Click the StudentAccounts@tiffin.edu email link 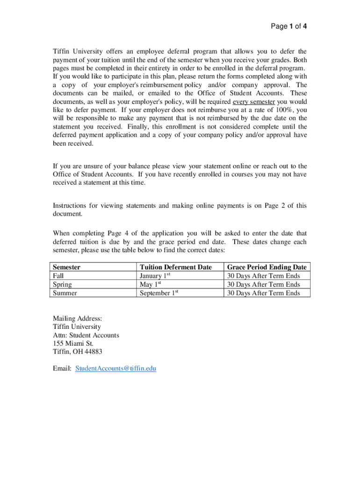coord(115,369)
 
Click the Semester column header coord(66,267)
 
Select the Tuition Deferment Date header coord(175,267)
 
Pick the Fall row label coord(58,276)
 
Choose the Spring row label coord(62,284)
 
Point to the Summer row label coord(65,293)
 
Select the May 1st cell coord(151,284)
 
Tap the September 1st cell coord(159,293)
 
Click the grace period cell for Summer coord(263,293)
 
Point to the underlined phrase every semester coord(254,102)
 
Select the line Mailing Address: coord(77,319)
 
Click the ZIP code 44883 coord(93,352)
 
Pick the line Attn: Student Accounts coord(86,335)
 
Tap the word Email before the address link coord(61,369)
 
